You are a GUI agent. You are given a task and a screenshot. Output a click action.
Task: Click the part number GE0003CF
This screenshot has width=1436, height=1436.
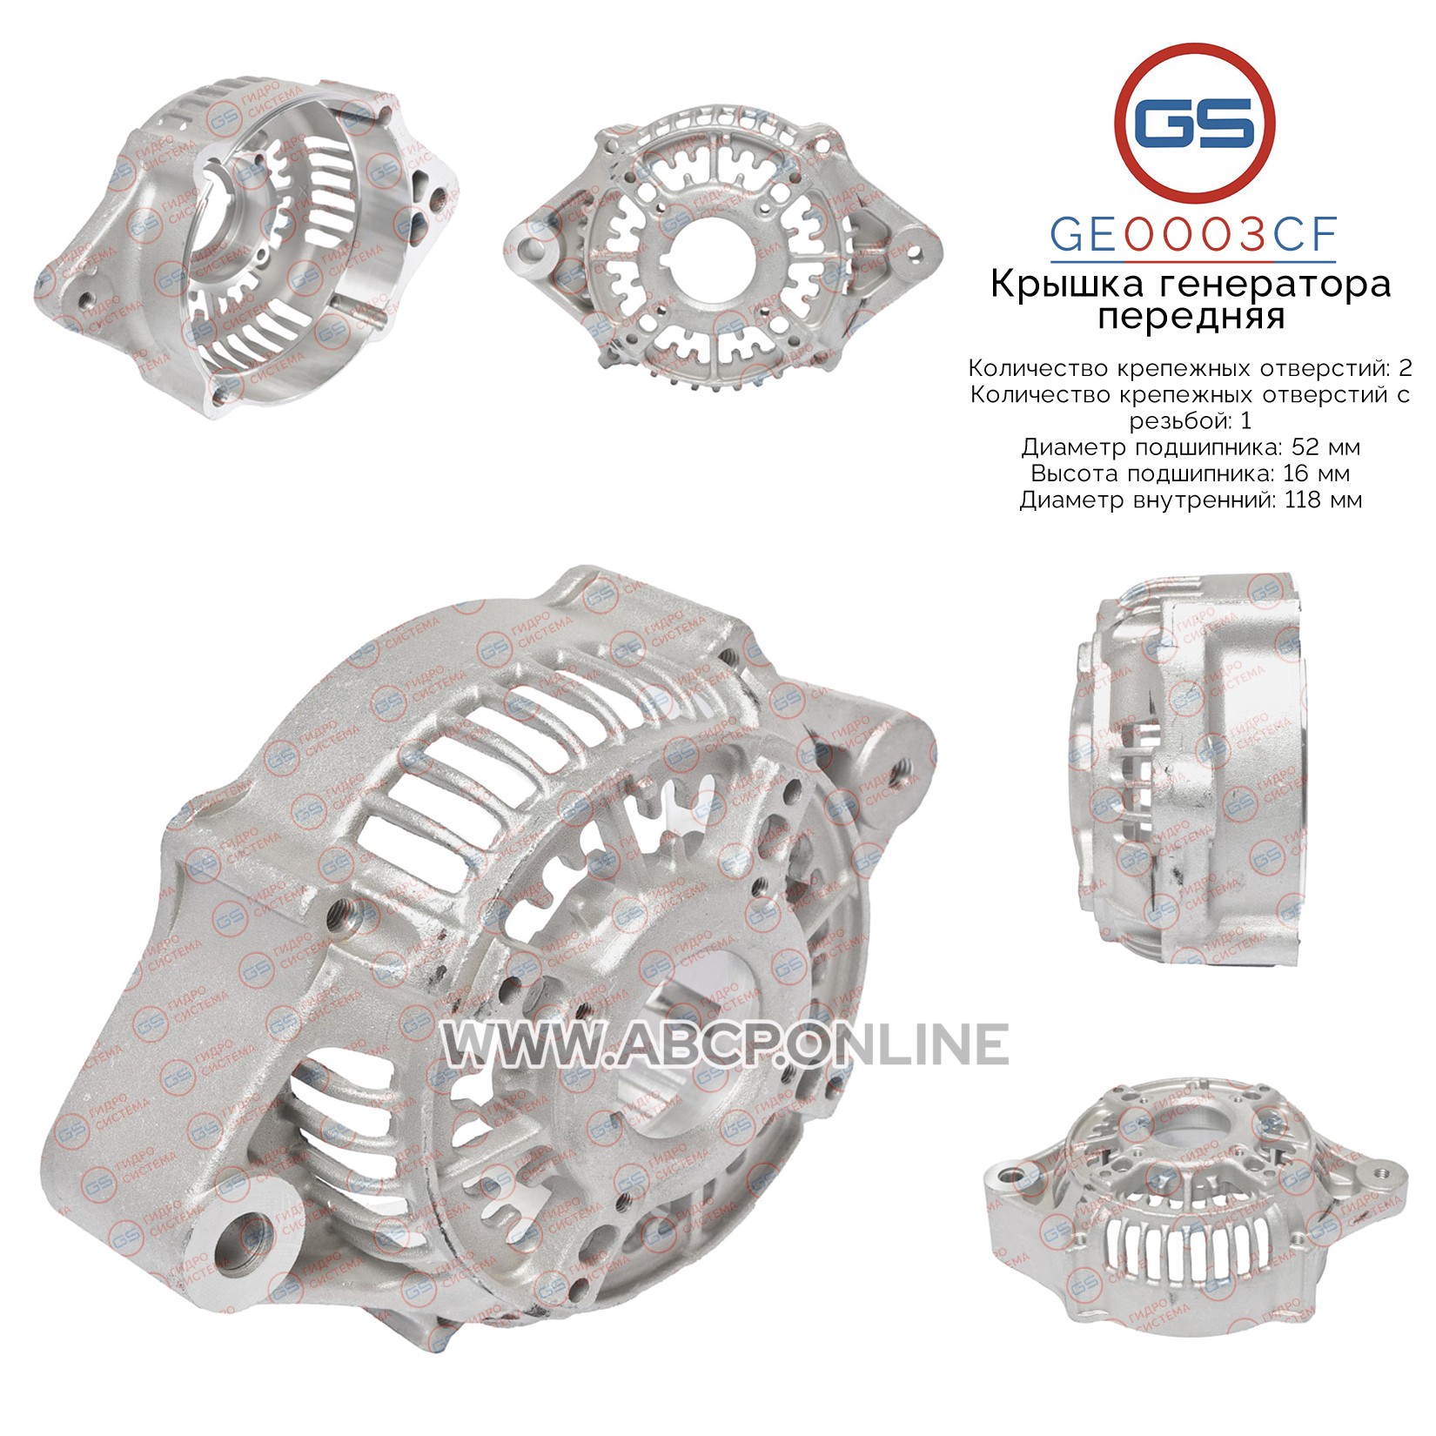[x=1193, y=234]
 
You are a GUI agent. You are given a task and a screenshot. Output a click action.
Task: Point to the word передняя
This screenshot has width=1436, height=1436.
[x=1191, y=318]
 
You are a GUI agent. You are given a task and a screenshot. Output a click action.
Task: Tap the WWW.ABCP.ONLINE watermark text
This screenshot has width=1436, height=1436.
[x=726, y=1043]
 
